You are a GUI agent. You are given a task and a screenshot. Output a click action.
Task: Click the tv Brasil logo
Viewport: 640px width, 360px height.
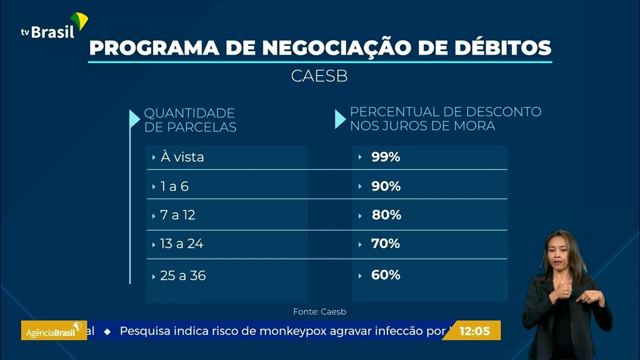point(54,27)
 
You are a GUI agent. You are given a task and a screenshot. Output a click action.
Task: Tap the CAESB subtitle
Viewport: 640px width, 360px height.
point(319,76)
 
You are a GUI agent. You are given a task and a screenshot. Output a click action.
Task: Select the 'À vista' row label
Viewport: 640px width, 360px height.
point(182,157)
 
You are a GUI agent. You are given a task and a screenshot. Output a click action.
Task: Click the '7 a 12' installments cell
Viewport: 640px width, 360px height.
point(177,215)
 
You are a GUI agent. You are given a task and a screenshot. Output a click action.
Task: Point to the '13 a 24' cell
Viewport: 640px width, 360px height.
point(181,244)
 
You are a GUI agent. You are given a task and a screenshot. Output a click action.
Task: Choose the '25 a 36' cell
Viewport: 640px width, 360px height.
point(183,275)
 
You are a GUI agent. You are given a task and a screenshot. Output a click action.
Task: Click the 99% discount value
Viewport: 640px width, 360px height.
point(385,157)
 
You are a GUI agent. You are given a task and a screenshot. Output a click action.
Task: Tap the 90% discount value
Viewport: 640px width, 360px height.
point(385,186)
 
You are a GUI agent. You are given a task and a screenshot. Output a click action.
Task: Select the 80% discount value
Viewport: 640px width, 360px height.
point(386,215)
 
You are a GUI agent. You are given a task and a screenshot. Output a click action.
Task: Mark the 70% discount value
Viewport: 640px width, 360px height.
point(385,244)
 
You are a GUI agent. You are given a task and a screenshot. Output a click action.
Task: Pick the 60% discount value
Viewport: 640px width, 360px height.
point(385,275)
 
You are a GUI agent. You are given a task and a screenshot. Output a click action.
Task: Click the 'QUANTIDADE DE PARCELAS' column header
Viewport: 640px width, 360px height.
point(190,120)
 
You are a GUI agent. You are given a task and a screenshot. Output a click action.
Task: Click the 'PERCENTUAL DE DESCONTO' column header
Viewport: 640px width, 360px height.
point(445,118)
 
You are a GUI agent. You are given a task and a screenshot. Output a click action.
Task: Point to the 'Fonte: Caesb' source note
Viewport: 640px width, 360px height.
point(319,311)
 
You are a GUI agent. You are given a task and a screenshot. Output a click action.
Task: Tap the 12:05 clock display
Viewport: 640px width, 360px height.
point(474,330)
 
